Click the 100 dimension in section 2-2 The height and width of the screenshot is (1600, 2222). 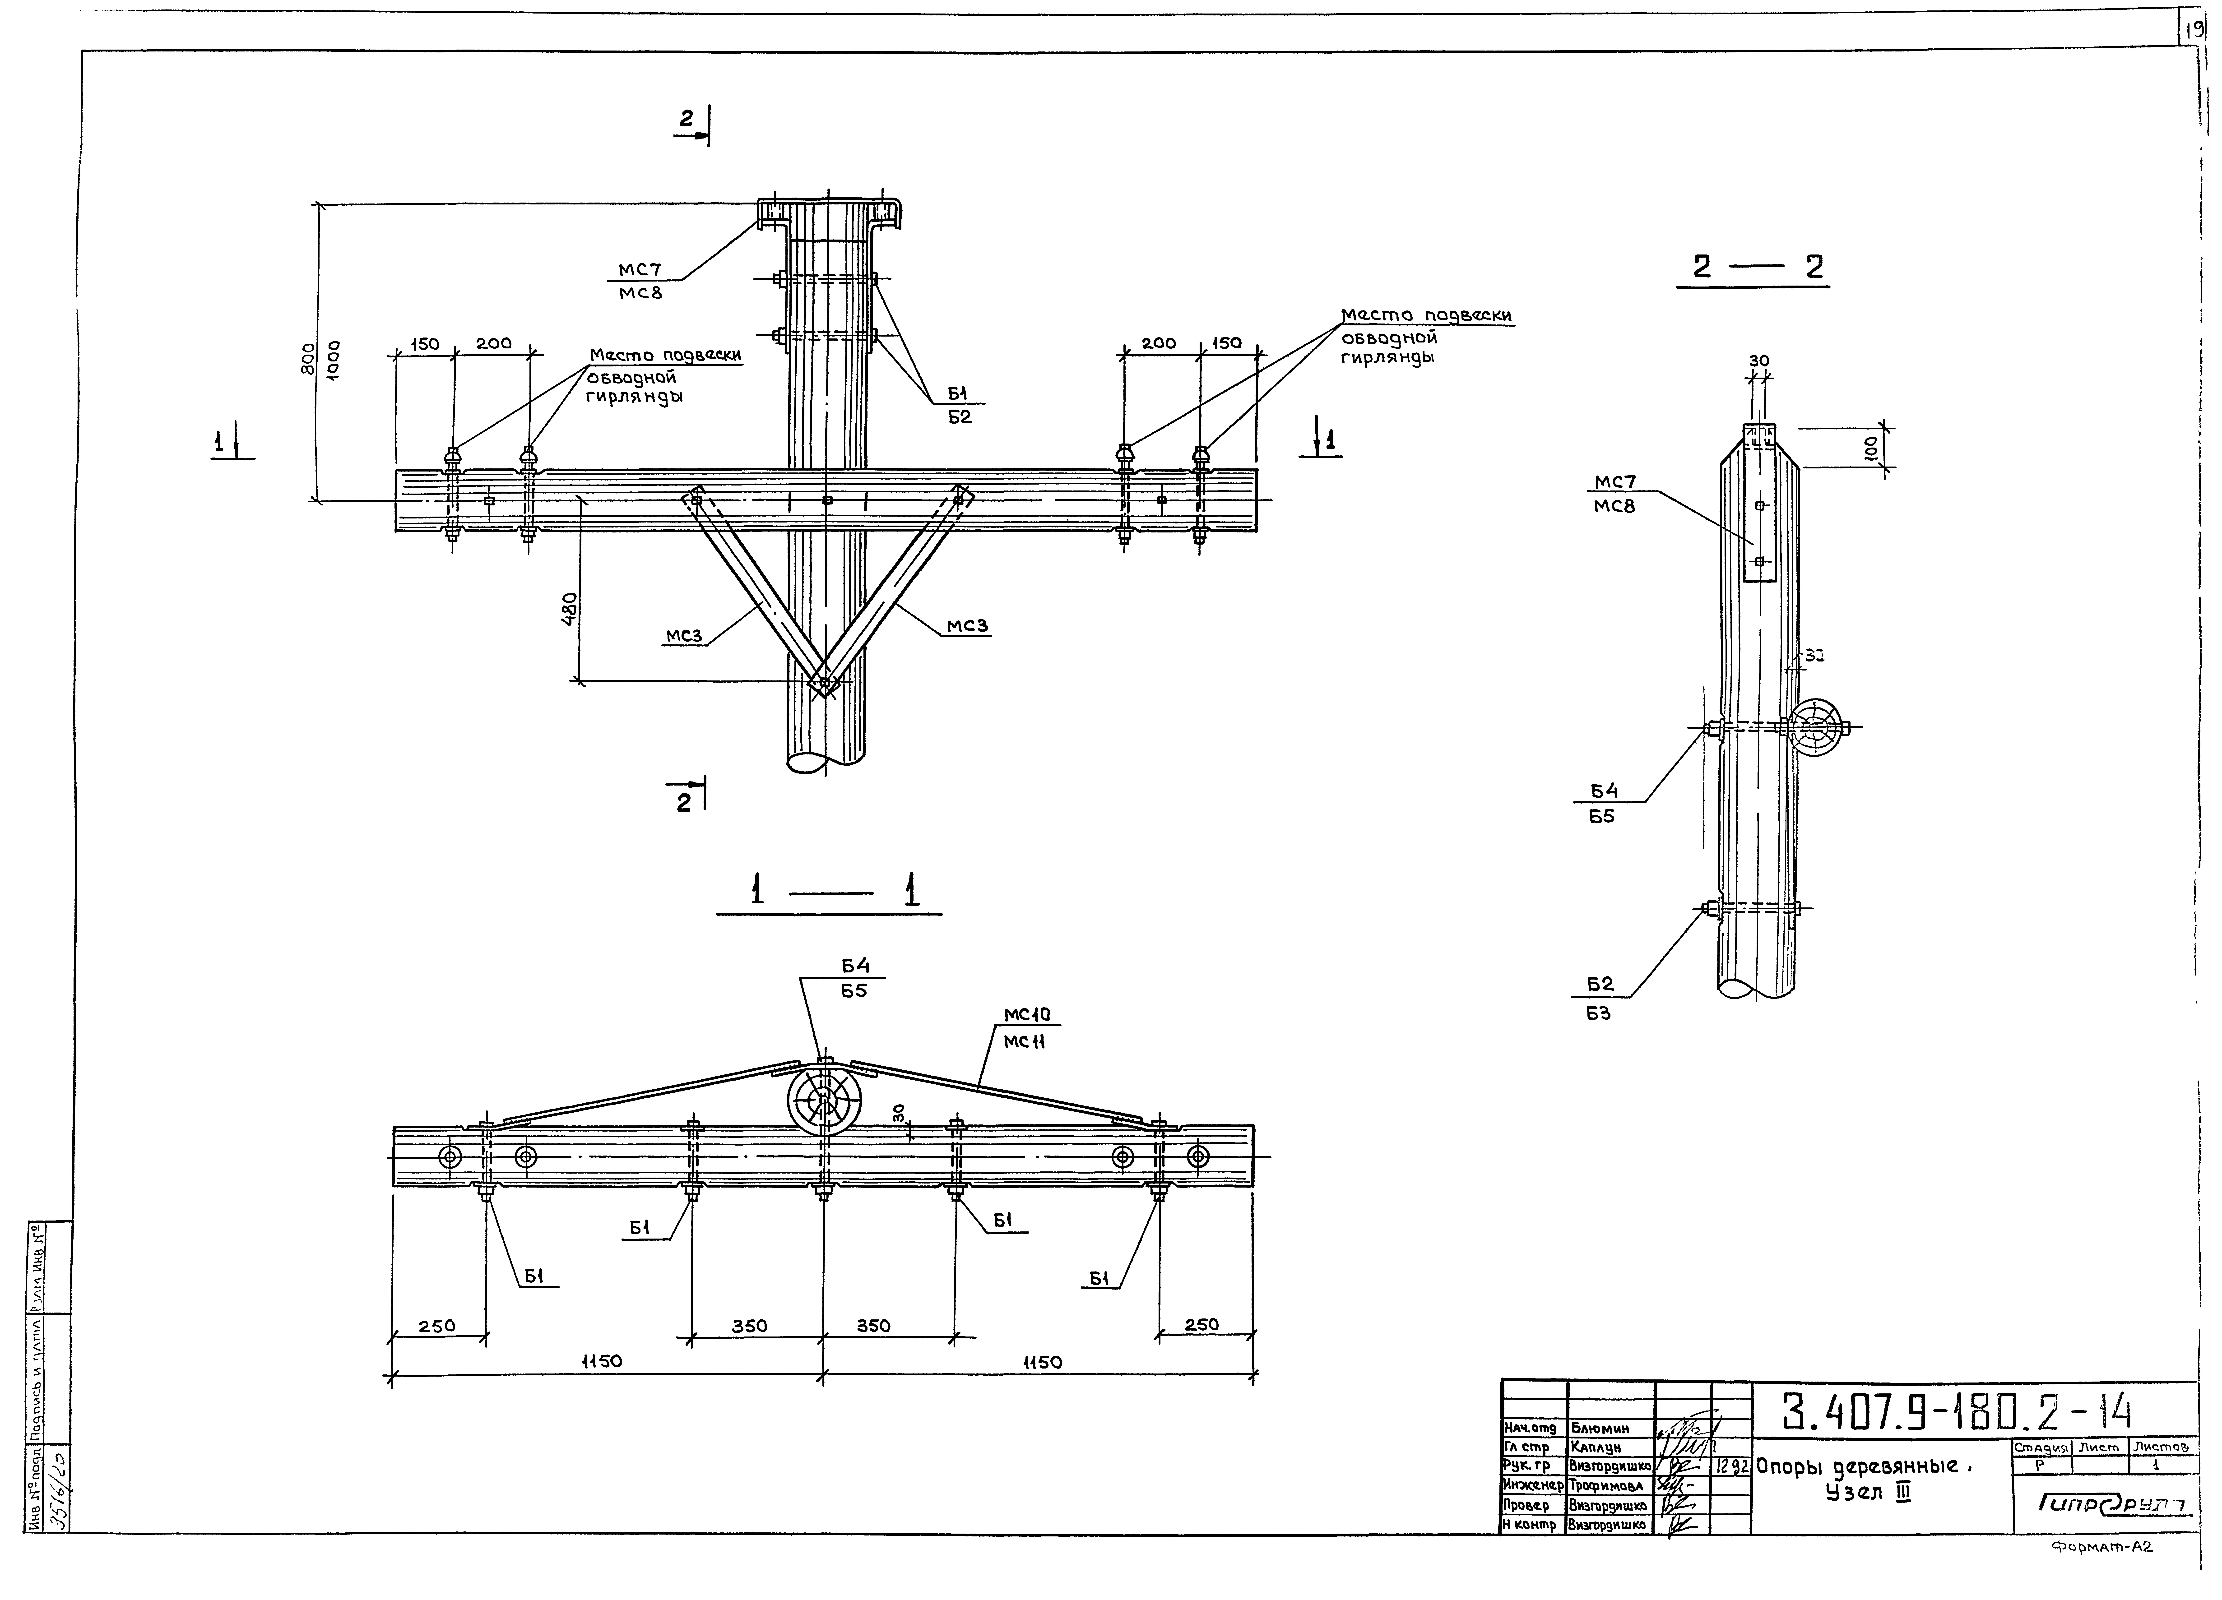(x=1870, y=448)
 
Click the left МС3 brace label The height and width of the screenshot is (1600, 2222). (x=684, y=636)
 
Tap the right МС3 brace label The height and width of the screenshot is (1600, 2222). (x=967, y=626)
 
